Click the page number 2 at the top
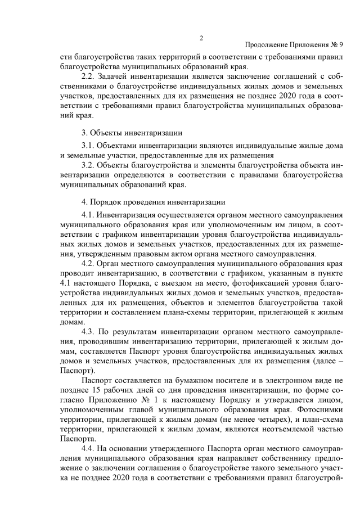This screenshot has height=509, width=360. [x=201, y=38]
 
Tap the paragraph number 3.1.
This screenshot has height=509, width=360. [x=88, y=145]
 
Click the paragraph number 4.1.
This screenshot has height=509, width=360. [x=88, y=214]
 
